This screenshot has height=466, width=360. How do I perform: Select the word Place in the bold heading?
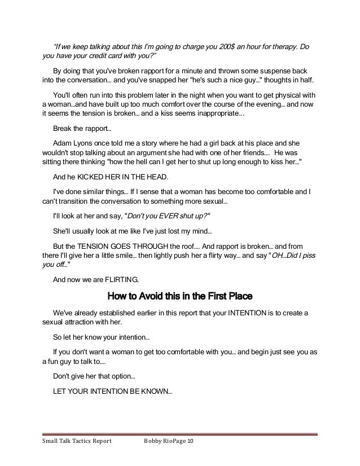pos(238,296)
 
